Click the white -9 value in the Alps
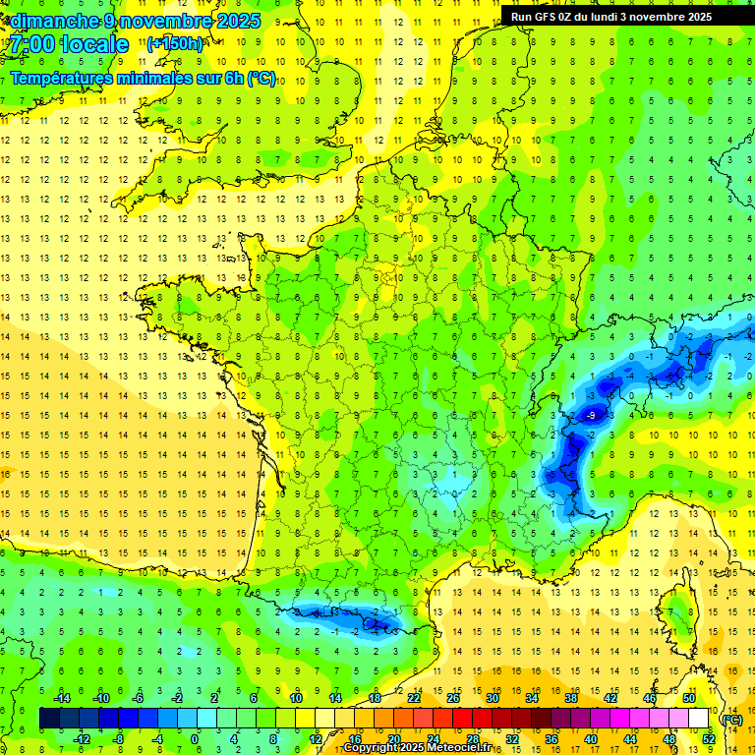click(x=591, y=417)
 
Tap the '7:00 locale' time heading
click(x=69, y=44)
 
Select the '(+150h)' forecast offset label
click(x=175, y=43)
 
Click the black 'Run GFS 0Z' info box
click(x=625, y=16)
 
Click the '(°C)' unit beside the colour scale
click(x=731, y=719)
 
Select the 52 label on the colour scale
click(x=708, y=739)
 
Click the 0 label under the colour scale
click(x=195, y=739)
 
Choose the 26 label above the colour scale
click(x=453, y=698)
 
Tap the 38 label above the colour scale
click(x=570, y=698)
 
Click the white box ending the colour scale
click(x=699, y=719)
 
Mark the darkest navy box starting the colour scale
click(x=49, y=719)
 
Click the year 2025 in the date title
click(x=239, y=21)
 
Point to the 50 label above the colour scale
click(x=688, y=698)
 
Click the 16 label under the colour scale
click(x=355, y=739)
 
